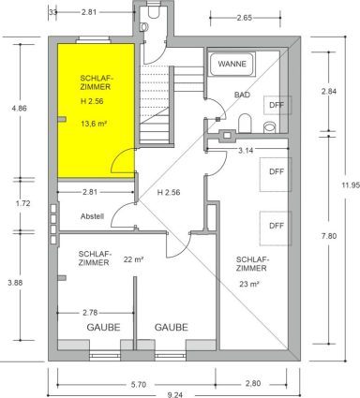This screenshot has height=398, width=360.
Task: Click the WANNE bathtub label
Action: pos(232,64)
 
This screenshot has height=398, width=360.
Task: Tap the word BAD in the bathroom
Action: pos(242,95)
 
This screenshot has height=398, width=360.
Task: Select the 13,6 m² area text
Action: pos(94,124)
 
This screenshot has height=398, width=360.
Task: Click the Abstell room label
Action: pos(92,216)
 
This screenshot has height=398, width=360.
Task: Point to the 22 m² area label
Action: pos(133,259)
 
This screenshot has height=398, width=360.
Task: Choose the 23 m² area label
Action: pos(249,284)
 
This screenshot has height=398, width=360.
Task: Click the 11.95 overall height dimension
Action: pos(351,184)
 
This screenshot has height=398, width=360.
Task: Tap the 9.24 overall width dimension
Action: pos(174,395)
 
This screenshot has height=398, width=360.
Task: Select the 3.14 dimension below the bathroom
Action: pos(246,151)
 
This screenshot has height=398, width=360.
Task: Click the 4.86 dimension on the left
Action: pos(19,109)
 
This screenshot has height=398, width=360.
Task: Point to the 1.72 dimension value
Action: pos(22,203)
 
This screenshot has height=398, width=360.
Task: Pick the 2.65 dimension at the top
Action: pos(245,18)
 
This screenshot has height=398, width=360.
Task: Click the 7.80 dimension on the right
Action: pos(329,236)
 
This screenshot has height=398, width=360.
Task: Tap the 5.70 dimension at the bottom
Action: pos(138,385)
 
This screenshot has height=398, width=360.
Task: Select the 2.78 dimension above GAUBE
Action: pos(90,313)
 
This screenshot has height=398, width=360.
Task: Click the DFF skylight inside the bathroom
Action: pos(277,105)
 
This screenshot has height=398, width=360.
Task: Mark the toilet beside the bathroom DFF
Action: pos(245,124)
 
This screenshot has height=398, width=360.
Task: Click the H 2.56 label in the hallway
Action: pos(169,192)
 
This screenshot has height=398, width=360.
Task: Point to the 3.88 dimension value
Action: pos(15,283)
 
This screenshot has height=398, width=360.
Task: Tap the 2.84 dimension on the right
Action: pos(329,92)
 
